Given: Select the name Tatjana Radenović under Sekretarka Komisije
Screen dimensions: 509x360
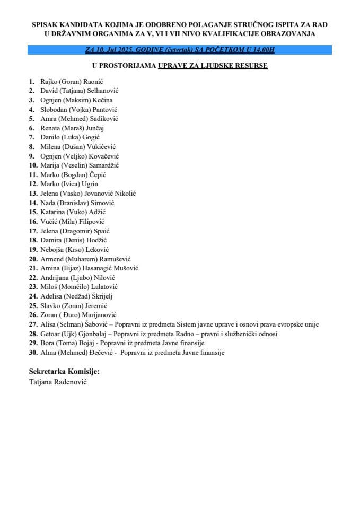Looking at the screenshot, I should pyautogui.click(x=58, y=381).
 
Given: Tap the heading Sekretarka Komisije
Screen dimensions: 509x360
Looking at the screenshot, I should pyautogui.click(x=64, y=371).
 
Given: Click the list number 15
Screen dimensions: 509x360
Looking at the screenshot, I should pyautogui.click(x=33, y=212).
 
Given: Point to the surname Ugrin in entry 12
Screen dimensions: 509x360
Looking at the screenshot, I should pyautogui.click(x=90, y=184).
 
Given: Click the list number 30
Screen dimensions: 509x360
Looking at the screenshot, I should pyautogui.click(x=33, y=353).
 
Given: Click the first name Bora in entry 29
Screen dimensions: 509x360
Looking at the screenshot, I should pyautogui.click(x=48, y=344).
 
